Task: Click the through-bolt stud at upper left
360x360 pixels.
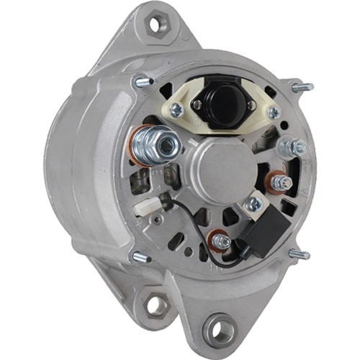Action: point(141,81)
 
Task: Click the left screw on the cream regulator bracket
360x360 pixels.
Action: point(175,110)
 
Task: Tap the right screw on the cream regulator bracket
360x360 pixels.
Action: point(273,112)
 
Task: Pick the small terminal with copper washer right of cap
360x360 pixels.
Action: point(281,182)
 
